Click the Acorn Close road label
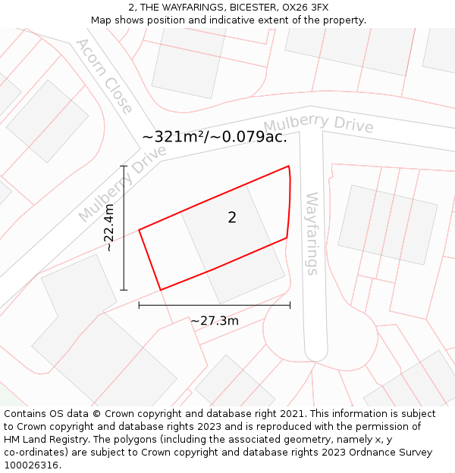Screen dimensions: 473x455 point(104,75)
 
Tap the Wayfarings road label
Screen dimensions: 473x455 point(312,233)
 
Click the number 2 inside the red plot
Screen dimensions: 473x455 point(232,218)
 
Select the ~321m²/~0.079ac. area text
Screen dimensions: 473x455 point(215,137)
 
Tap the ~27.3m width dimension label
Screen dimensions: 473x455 point(215,321)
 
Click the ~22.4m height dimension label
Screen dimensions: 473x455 point(109,227)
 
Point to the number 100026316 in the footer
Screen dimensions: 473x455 point(31,465)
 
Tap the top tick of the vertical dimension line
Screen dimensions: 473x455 point(124,166)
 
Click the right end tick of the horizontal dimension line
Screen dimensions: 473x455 point(290,305)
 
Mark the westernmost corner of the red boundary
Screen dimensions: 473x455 point(139,229)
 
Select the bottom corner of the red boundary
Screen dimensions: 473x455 point(161,290)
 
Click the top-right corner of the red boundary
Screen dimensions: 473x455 point(289,166)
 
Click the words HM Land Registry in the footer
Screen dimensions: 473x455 point(42,440)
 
